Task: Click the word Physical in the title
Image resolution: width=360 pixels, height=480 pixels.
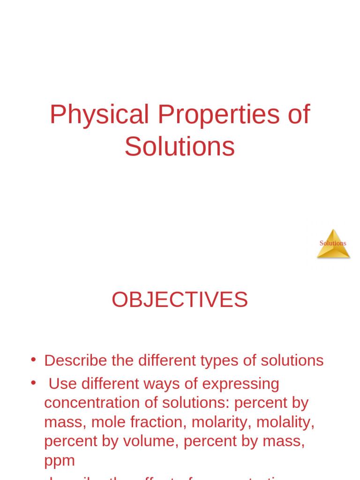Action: (x=99, y=114)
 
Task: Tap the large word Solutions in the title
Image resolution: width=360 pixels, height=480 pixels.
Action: (x=180, y=147)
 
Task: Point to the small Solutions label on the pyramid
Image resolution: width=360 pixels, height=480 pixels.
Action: (x=333, y=243)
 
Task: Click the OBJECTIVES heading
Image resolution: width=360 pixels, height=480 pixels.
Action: (x=180, y=300)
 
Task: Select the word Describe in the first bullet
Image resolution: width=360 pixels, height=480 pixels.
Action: (x=75, y=360)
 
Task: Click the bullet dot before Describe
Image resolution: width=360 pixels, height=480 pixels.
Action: (x=33, y=360)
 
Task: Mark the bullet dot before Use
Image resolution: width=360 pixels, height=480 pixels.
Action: (x=33, y=382)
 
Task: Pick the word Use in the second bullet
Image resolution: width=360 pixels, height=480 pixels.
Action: (x=62, y=384)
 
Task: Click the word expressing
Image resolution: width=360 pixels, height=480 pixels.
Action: (x=240, y=384)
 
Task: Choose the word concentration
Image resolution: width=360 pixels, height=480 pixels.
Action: (x=91, y=403)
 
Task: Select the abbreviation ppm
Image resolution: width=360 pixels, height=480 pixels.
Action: (x=60, y=461)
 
